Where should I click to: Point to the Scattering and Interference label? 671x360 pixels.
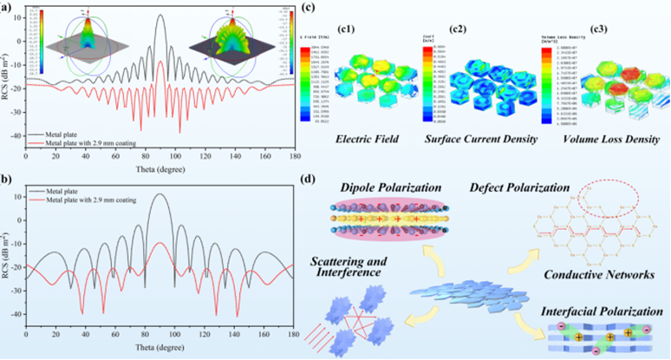coord(352,265)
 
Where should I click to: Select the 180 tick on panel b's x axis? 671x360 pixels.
coord(293,333)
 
